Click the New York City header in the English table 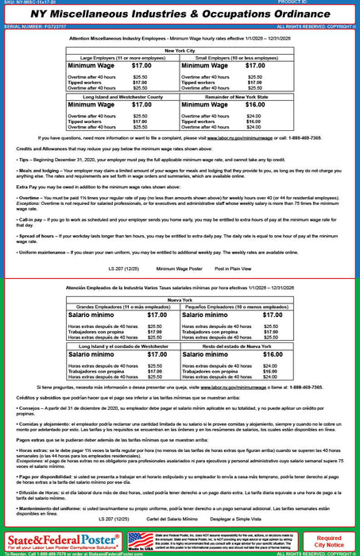(x=180, y=49)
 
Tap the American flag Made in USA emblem (x=140, y=542)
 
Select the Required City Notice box (x=329, y=542)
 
